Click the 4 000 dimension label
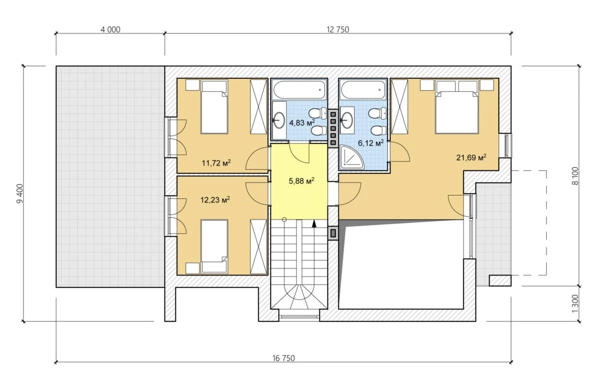point(110,29)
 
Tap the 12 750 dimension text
point(338,29)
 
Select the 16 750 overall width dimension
point(284,358)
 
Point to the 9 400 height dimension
point(20,193)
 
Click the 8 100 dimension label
point(575,176)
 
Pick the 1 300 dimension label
point(575,304)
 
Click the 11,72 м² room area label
point(216,162)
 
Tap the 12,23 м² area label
point(215,199)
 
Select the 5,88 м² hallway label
point(301,181)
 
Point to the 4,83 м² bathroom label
point(302,123)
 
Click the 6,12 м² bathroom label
point(371,143)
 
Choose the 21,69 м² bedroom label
point(471,157)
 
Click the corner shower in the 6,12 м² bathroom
point(352,157)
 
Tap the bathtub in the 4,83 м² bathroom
point(299,90)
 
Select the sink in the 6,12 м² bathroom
point(347,121)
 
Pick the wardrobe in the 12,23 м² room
point(259,247)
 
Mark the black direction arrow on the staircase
point(314,224)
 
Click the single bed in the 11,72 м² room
point(214,107)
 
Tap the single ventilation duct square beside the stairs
point(333,233)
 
